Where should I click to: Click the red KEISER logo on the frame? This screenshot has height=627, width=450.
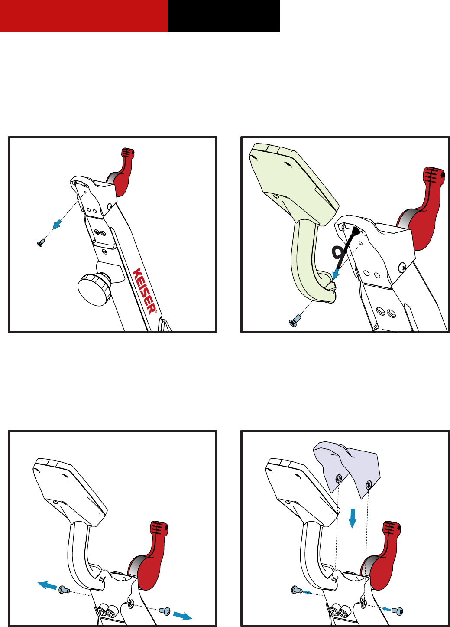pyautogui.click(x=145, y=291)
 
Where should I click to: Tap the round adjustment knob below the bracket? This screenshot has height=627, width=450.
pyautogui.click(x=94, y=290)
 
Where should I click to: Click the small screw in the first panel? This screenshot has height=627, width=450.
pyautogui.click(x=41, y=242)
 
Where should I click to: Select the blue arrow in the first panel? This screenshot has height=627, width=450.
pyautogui.click(x=57, y=224)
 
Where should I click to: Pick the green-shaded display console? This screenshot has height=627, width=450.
pyautogui.click(x=294, y=213)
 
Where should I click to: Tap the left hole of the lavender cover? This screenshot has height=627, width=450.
pyautogui.click(x=339, y=478)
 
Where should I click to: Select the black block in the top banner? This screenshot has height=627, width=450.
pyautogui.click(x=224, y=16)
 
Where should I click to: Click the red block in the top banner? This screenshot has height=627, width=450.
pyautogui.click(x=84, y=16)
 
